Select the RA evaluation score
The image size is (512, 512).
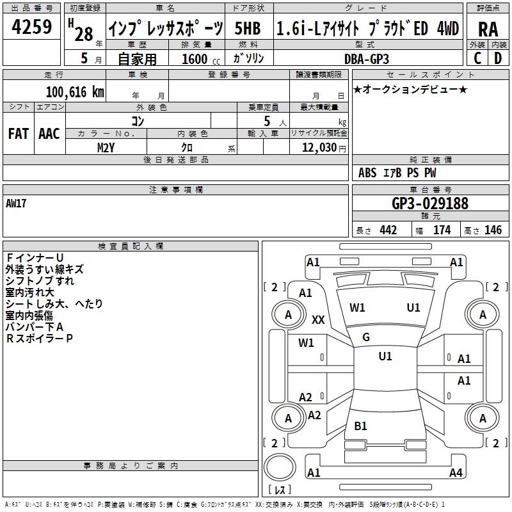[488, 29]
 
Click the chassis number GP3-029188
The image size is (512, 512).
[429, 204]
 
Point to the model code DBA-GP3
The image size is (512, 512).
[366, 58]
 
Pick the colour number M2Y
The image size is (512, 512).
[106, 147]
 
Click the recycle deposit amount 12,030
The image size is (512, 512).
[316, 147]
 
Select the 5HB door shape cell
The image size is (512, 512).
[248, 28]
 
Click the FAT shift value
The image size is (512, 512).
[18, 133]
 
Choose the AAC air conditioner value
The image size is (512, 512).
[49, 133]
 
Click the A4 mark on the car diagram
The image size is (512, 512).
[456, 473]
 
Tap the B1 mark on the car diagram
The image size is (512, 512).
[361, 426]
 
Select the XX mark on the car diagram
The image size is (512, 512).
[318, 320]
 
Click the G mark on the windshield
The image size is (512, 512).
[366, 337]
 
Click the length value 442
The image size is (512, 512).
[388, 230]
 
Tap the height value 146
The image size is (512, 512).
[493, 230]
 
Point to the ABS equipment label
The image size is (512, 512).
[367, 173]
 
